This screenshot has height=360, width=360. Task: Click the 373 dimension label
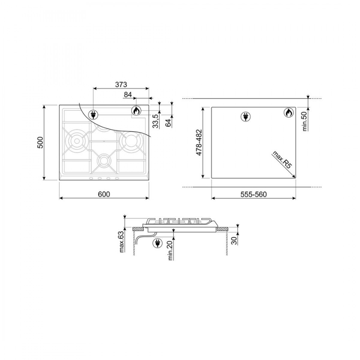121,85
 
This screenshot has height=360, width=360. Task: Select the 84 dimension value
128,95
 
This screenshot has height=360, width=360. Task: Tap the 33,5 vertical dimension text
156,121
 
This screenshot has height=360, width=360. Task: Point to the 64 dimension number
168,123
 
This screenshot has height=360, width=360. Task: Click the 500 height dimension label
40,142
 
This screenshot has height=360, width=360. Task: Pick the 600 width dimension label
104,194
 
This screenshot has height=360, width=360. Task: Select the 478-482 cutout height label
199,142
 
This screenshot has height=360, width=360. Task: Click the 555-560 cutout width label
253,194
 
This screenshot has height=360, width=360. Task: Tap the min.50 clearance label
304,121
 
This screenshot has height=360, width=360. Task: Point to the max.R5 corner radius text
282,160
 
